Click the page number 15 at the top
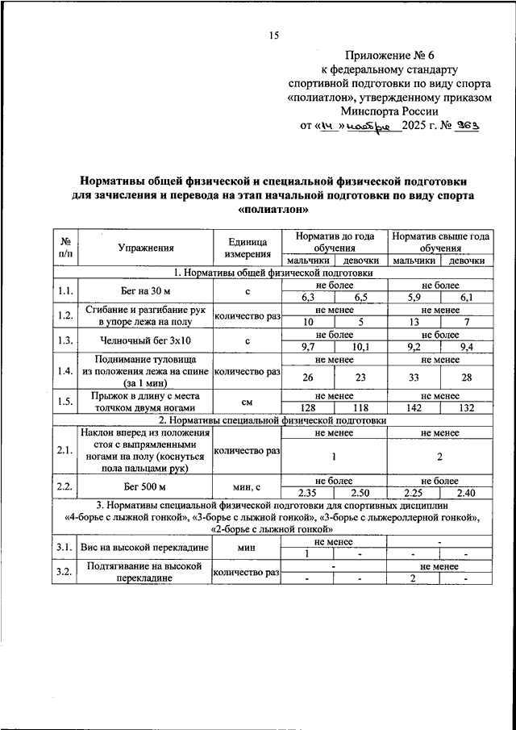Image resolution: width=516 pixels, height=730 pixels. coord(273,34)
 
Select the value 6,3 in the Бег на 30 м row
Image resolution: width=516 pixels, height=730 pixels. coord(306,298)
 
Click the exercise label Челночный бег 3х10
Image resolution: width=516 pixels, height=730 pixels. coord(145,340)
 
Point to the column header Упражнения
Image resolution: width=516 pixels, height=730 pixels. coord(145,248)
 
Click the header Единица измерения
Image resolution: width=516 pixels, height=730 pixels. coord(247,248)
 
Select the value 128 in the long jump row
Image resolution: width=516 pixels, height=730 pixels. coord(306,408)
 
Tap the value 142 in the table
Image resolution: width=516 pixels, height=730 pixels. coord(414,408)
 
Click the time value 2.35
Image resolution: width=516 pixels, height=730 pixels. coord(306,493)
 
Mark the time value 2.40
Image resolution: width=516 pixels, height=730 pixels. coord(466,493)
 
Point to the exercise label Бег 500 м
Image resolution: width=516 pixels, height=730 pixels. coord(145,486)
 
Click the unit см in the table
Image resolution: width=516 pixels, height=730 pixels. coord(247,402)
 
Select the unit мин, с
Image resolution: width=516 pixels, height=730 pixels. coord(247,486)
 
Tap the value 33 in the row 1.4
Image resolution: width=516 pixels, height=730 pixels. coord(414,378)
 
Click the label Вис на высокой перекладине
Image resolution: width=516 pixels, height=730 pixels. coord(145,549)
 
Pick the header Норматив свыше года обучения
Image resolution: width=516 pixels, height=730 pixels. coord(440,243)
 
